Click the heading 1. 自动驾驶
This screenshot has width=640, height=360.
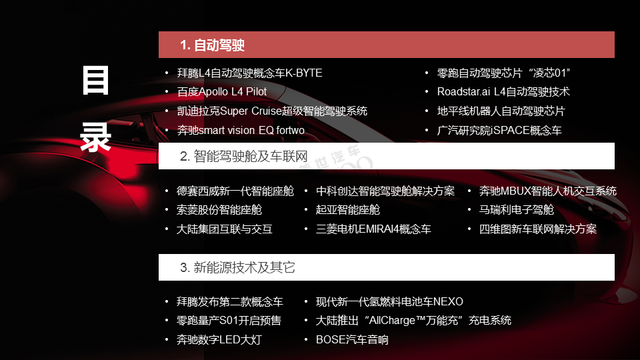(212, 45)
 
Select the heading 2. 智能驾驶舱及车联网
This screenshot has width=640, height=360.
(244, 156)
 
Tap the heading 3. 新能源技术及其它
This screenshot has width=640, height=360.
(237, 268)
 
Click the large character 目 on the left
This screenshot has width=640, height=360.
(95, 80)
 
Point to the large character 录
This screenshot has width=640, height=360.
(95, 137)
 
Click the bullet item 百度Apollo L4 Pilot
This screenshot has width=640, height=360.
(221, 92)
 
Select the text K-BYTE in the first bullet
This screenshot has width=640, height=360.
(304, 73)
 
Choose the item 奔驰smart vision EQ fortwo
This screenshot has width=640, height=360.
(241, 130)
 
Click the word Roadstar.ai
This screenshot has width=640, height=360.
(463, 92)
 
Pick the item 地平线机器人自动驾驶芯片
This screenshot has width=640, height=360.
(501, 111)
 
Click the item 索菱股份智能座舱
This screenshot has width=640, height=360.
(219, 210)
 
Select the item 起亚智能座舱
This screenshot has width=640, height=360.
(348, 210)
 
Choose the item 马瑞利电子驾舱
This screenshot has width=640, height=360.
(516, 210)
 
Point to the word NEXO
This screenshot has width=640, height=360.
(448, 301)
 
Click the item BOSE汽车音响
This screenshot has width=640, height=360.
(352, 339)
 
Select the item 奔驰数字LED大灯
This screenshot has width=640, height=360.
(219, 339)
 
